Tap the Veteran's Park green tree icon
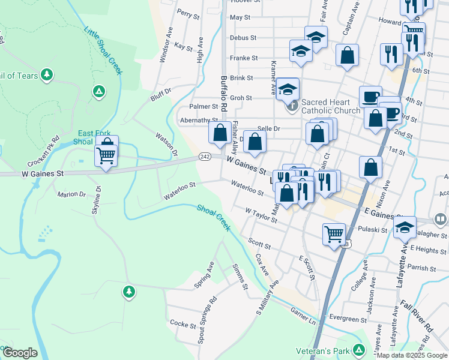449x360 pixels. [x=359, y=349]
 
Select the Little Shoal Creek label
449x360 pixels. [x=103, y=50]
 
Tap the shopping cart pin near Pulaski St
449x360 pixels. [x=333, y=233]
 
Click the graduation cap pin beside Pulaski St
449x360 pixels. [x=405, y=227]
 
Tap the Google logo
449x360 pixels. [x=20, y=353]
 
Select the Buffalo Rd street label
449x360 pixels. [x=224, y=91]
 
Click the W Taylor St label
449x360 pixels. [x=261, y=215]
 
